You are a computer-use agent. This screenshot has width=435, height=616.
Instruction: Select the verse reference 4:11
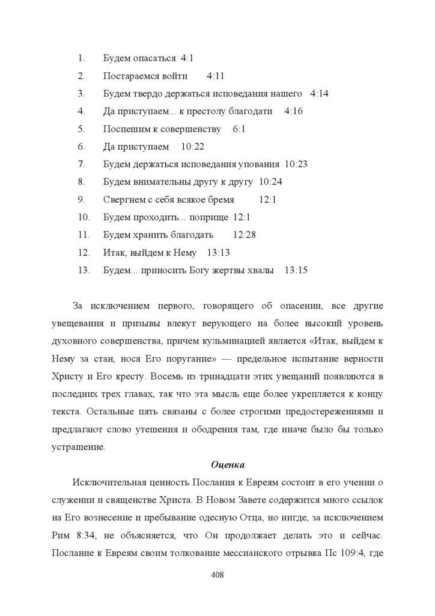pyautogui.click(x=215, y=76)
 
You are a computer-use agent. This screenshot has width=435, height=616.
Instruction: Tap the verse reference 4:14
pyautogui.click(x=319, y=94)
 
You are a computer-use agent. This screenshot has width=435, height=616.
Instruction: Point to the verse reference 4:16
pyautogui.click(x=293, y=111)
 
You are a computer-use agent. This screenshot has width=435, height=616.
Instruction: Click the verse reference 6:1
pyautogui.click(x=239, y=129)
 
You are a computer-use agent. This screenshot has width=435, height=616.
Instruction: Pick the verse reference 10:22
pyautogui.click(x=192, y=147)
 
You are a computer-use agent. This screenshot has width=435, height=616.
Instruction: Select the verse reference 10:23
pyautogui.click(x=296, y=164)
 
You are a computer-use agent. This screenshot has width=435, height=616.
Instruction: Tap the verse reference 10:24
pyautogui.click(x=270, y=182)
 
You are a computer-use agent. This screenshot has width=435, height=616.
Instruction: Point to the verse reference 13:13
pyautogui.click(x=218, y=253)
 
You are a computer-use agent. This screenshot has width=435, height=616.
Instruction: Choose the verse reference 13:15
pyautogui.click(x=296, y=270)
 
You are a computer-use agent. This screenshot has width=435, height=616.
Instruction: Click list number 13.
pyautogui.click(x=84, y=270)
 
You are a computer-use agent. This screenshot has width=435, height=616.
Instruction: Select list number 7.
pyautogui.click(x=81, y=164)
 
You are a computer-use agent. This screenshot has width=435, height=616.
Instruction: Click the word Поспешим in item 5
pyautogui.click(x=123, y=129)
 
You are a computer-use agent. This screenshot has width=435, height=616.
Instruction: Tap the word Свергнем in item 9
pyautogui.click(x=123, y=200)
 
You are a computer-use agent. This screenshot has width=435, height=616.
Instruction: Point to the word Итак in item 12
pyautogui.click(x=114, y=253)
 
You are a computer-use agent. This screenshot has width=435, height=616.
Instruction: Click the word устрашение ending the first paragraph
pyautogui.click(x=79, y=447)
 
